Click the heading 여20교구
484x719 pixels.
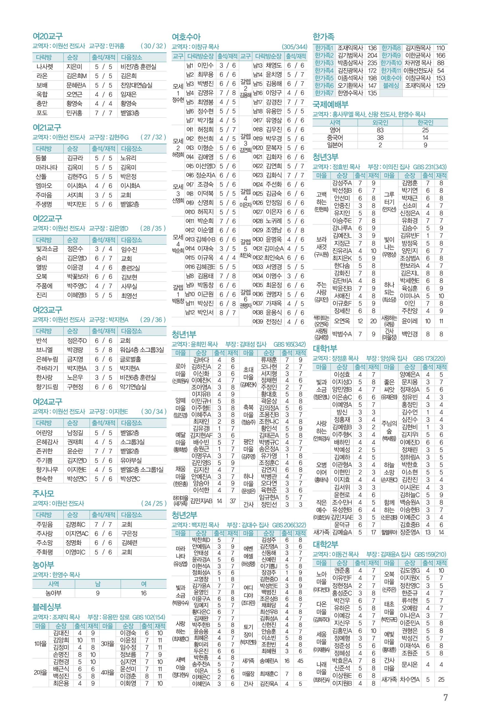point(48,37)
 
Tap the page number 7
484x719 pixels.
point(445,697)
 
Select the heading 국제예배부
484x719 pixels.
point(330,104)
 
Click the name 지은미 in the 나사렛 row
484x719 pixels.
point(74,67)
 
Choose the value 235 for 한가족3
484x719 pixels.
point(372,63)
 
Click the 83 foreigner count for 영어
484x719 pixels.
point(380,130)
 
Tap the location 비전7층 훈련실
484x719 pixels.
point(138,67)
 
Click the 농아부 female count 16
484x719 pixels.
point(143,593)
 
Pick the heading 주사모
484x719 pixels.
point(43,493)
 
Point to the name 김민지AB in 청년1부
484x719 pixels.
point(201,501)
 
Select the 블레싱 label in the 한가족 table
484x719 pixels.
point(391,86)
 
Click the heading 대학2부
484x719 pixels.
point(325,544)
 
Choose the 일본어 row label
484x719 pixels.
point(335,145)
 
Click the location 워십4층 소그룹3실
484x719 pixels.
point(142,350)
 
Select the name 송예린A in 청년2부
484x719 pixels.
point(269,661)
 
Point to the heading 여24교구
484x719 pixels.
point(48,402)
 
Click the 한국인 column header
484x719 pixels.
point(425,122)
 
